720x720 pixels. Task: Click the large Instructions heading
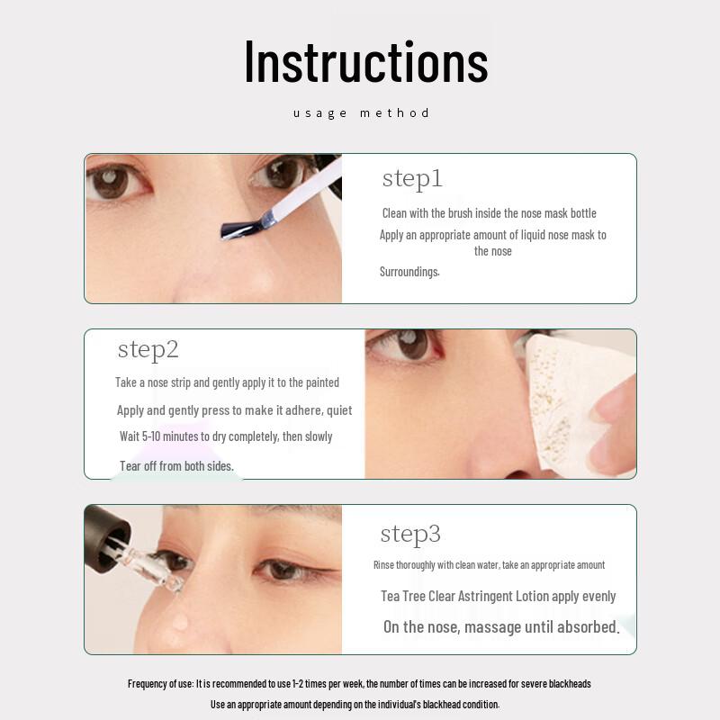365,61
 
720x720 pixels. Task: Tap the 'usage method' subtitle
361,112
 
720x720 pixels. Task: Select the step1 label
412,178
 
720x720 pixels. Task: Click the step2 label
148,349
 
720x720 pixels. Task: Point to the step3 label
410,534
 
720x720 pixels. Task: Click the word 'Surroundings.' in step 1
409,272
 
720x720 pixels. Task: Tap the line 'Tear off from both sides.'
176,466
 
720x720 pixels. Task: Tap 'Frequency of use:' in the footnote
160,684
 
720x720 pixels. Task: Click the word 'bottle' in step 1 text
580,213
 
